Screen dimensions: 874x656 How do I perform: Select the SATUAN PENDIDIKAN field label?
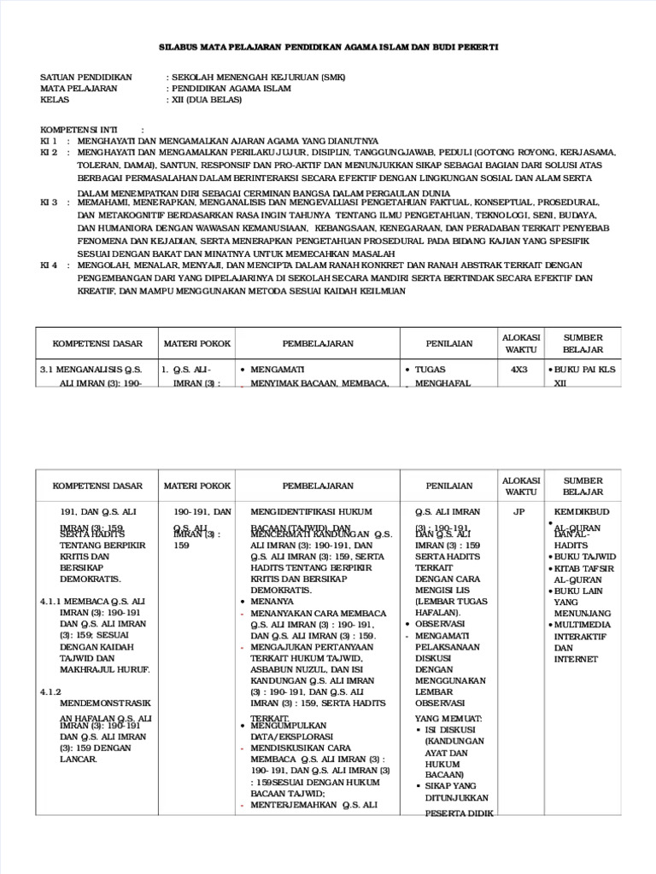(86, 77)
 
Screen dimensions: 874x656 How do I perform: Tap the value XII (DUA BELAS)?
(207, 99)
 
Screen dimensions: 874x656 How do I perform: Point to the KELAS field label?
(54, 99)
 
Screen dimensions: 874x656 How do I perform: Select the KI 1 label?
(49, 140)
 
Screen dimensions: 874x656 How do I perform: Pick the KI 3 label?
(49, 202)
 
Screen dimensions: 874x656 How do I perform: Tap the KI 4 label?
(49, 265)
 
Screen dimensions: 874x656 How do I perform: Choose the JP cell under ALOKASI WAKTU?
(519, 512)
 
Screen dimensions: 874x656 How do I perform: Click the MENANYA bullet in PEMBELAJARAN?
(272, 601)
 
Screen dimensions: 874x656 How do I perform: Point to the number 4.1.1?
(54, 601)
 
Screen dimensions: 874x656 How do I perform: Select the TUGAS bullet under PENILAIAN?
(430, 370)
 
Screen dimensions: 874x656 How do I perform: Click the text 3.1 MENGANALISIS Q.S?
(91, 370)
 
